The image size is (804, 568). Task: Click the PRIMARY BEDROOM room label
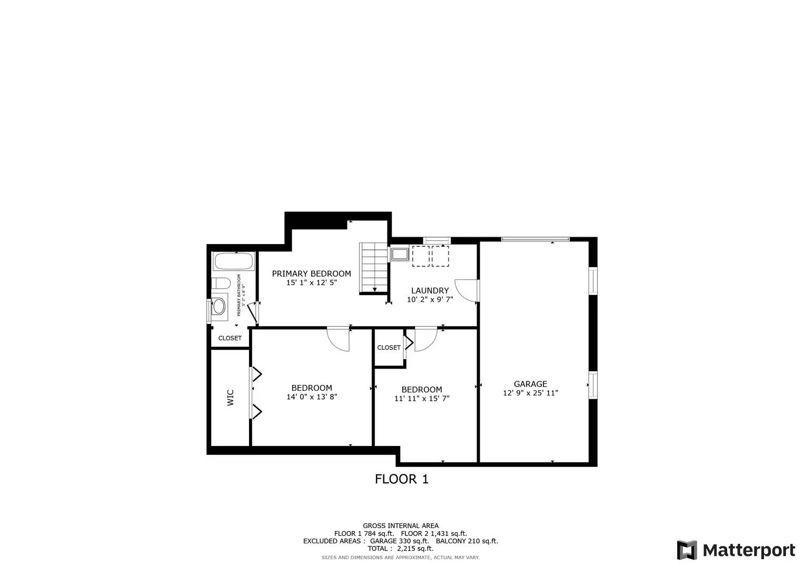click(x=311, y=273)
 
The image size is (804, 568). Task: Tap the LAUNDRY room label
click(x=430, y=290)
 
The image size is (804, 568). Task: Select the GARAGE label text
click(x=530, y=384)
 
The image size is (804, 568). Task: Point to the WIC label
click(x=230, y=397)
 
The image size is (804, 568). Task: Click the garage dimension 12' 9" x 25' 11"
click(x=530, y=393)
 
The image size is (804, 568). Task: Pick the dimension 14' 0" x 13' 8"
click(x=311, y=397)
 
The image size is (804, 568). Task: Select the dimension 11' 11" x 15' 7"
click(x=421, y=399)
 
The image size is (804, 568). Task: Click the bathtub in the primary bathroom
click(x=233, y=261)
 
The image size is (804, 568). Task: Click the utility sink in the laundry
click(x=400, y=255)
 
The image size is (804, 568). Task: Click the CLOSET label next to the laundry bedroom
click(x=389, y=348)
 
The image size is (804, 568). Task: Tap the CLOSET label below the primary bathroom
click(x=230, y=338)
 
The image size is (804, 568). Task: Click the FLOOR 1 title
click(x=401, y=479)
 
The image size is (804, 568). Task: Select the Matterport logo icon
click(x=687, y=550)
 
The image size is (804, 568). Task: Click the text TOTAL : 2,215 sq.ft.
click(x=400, y=549)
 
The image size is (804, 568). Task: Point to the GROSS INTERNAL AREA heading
click(x=400, y=525)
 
